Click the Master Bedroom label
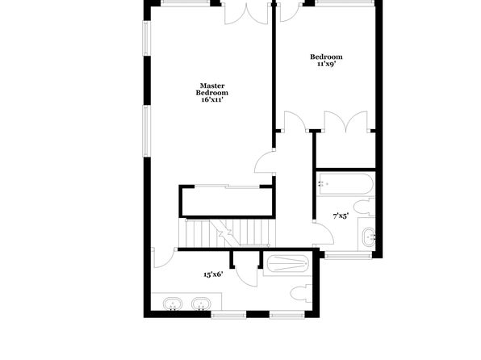pos(212,90)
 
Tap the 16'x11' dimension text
pos(212,100)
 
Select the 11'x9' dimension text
pos(326,64)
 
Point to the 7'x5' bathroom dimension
pos(341,216)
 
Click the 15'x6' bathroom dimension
pos(213,274)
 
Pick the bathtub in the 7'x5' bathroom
pos(345,184)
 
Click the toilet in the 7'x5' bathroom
pos(365,207)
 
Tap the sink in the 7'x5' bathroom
pos(369,237)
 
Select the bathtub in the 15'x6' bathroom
pos(287,264)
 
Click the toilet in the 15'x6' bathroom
pos(301,294)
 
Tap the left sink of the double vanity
pos(173,304)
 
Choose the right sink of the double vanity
pos(201,304)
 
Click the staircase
pos(228,232)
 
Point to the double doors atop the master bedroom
pos(247,14)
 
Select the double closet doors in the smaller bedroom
pos(345,122)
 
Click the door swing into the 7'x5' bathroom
pos(324,233)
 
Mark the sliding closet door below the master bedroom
pos(228,186)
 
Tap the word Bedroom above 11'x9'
pos(326,57)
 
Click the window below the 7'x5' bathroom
pos(348,255)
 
